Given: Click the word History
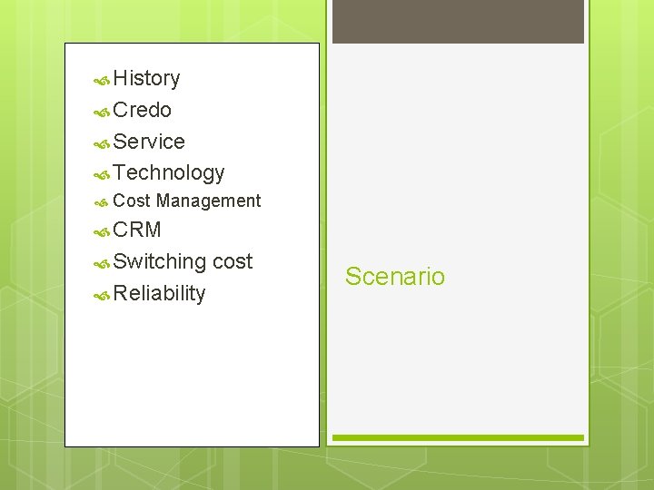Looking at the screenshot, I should coord(147,79).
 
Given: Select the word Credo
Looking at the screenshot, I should coord(143,111).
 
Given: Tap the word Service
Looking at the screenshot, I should coord(150,142).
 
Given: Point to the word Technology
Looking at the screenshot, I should coord(169,172).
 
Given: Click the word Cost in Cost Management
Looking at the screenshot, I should coord(133,201).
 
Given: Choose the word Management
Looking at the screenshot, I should coord(208,201).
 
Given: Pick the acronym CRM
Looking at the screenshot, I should coord(138,230).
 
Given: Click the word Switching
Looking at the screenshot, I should coord(161,262).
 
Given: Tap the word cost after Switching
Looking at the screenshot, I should coord(233,262).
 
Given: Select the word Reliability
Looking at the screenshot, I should coord(160,293).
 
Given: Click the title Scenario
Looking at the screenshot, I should coord(395,277).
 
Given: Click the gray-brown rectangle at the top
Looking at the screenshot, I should coord(458,21).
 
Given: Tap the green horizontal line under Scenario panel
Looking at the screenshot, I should coord(458,438).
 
